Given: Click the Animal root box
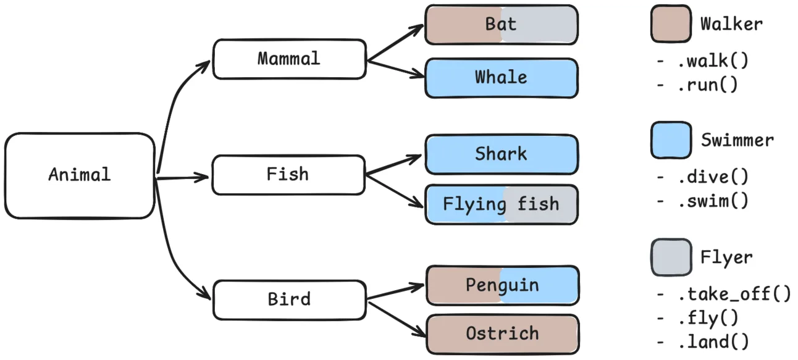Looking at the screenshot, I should (80, 176).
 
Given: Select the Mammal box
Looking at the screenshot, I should (289, 59).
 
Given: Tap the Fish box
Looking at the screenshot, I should (288, 175).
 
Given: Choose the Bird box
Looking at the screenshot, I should (289, 299).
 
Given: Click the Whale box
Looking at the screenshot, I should (501, 78).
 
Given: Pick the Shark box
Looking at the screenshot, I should (501, 154).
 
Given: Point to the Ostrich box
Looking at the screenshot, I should (502, 334).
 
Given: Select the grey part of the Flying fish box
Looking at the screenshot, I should (547, 204).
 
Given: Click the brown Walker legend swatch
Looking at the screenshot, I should (670, 25).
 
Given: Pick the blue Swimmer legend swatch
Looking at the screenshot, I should (670, 140).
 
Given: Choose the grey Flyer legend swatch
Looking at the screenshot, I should (670, 257).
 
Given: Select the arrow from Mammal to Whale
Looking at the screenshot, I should (395, 69).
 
